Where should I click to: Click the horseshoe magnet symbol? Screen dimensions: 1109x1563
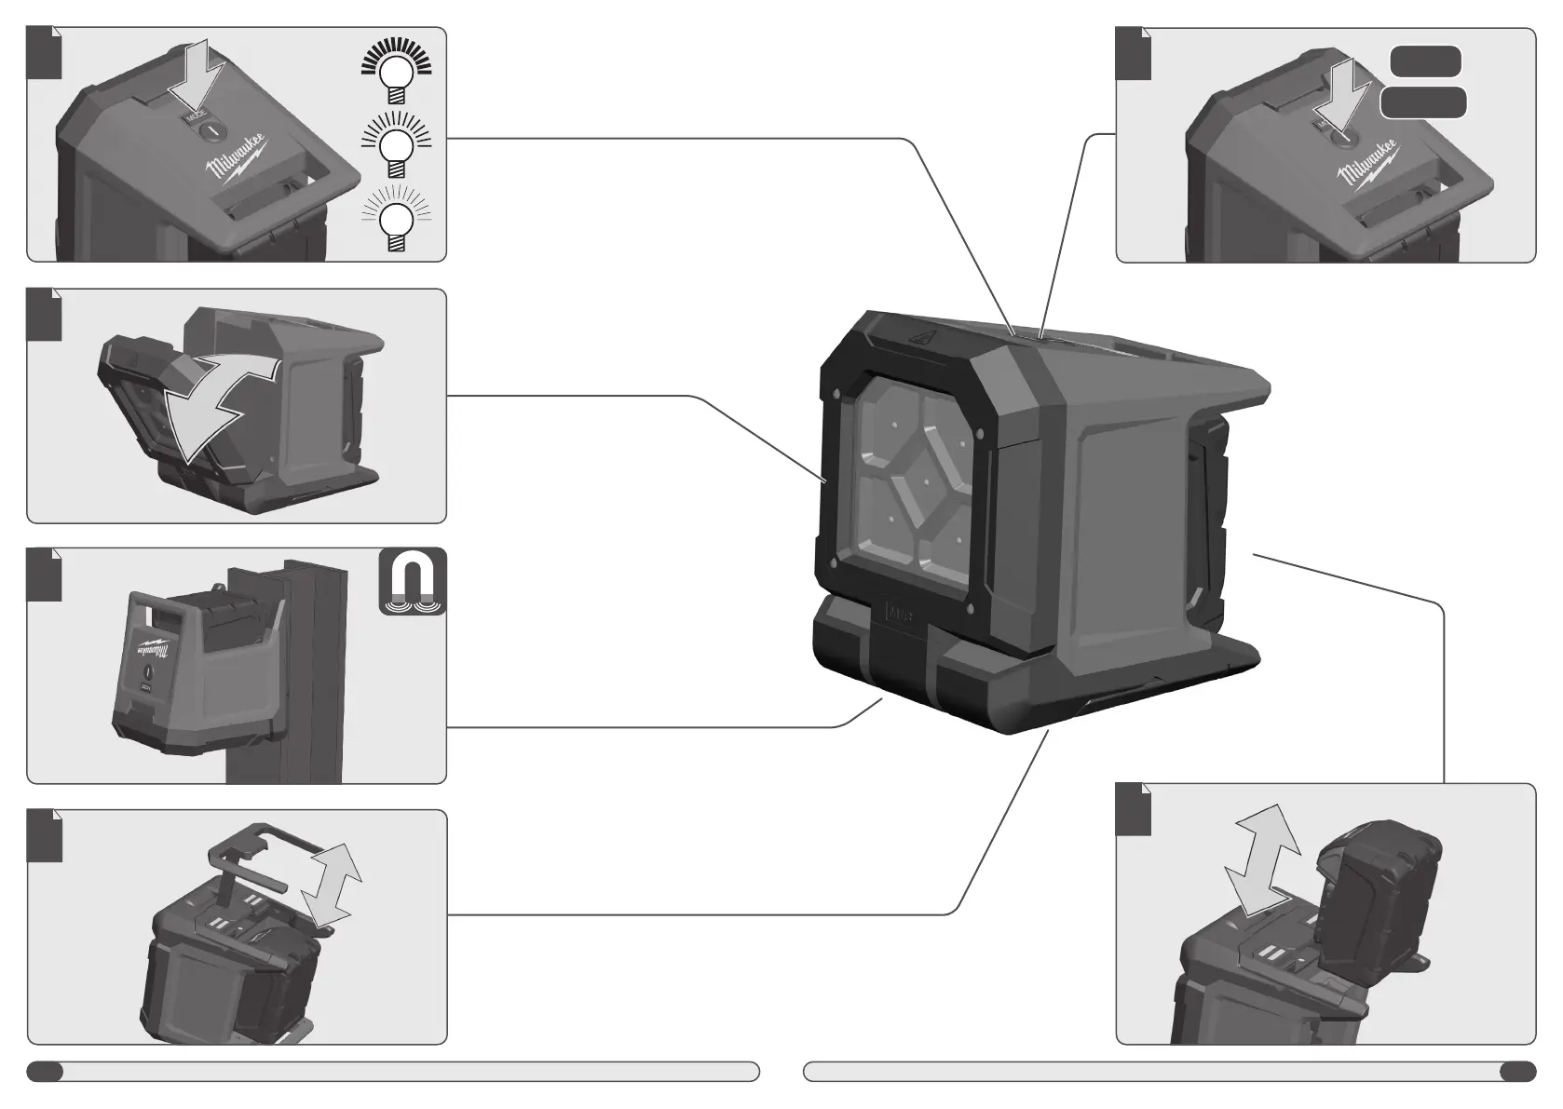[x=413, y=582]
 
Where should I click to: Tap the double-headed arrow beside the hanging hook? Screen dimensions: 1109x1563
[x=331, y=886]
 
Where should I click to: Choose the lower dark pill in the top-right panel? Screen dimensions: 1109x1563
[x=1422, y=103]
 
